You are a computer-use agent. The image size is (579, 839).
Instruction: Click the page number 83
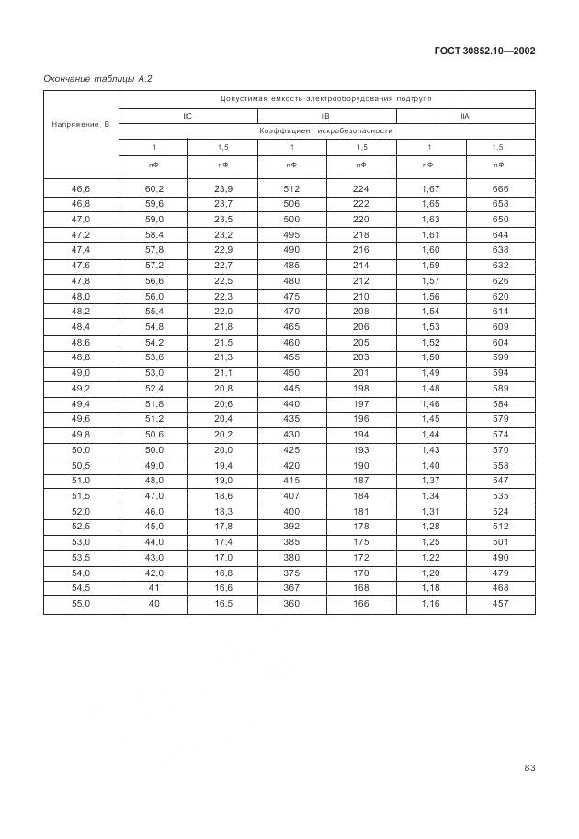tap(528, 768)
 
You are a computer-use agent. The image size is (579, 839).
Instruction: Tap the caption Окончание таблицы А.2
tap(97, 79)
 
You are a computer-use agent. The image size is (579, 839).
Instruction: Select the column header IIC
tap(187, 115)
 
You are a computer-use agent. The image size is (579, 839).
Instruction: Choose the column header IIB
tap(325, 115)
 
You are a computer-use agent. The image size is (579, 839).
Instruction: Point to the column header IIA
tap(464, 115)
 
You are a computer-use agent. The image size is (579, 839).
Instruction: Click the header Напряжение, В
tap(81, 123)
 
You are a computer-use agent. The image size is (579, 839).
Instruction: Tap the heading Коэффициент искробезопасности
tap(326, 131)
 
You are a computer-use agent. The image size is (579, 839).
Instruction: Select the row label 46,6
tap(81, 188)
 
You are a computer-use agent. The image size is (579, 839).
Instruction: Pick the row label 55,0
tap(81, 604)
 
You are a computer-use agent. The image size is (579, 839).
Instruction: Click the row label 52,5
tap(81, 527)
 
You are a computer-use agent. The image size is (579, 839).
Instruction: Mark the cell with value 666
tap(500, 188)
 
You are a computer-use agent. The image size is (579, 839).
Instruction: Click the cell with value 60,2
tap(153, 188)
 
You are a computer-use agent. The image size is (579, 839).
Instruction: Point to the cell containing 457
tap(500, 604)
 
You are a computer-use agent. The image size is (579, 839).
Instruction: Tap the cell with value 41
tap(153, 588)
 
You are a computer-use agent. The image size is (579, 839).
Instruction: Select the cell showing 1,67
tap(430, 188)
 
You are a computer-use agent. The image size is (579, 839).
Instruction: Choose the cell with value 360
tap(291, 604)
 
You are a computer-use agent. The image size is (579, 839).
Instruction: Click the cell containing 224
tap(360, 188)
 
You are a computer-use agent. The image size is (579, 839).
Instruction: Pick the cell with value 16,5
tap(222, 604)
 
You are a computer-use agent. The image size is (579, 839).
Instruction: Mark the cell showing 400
tap(291, 511)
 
